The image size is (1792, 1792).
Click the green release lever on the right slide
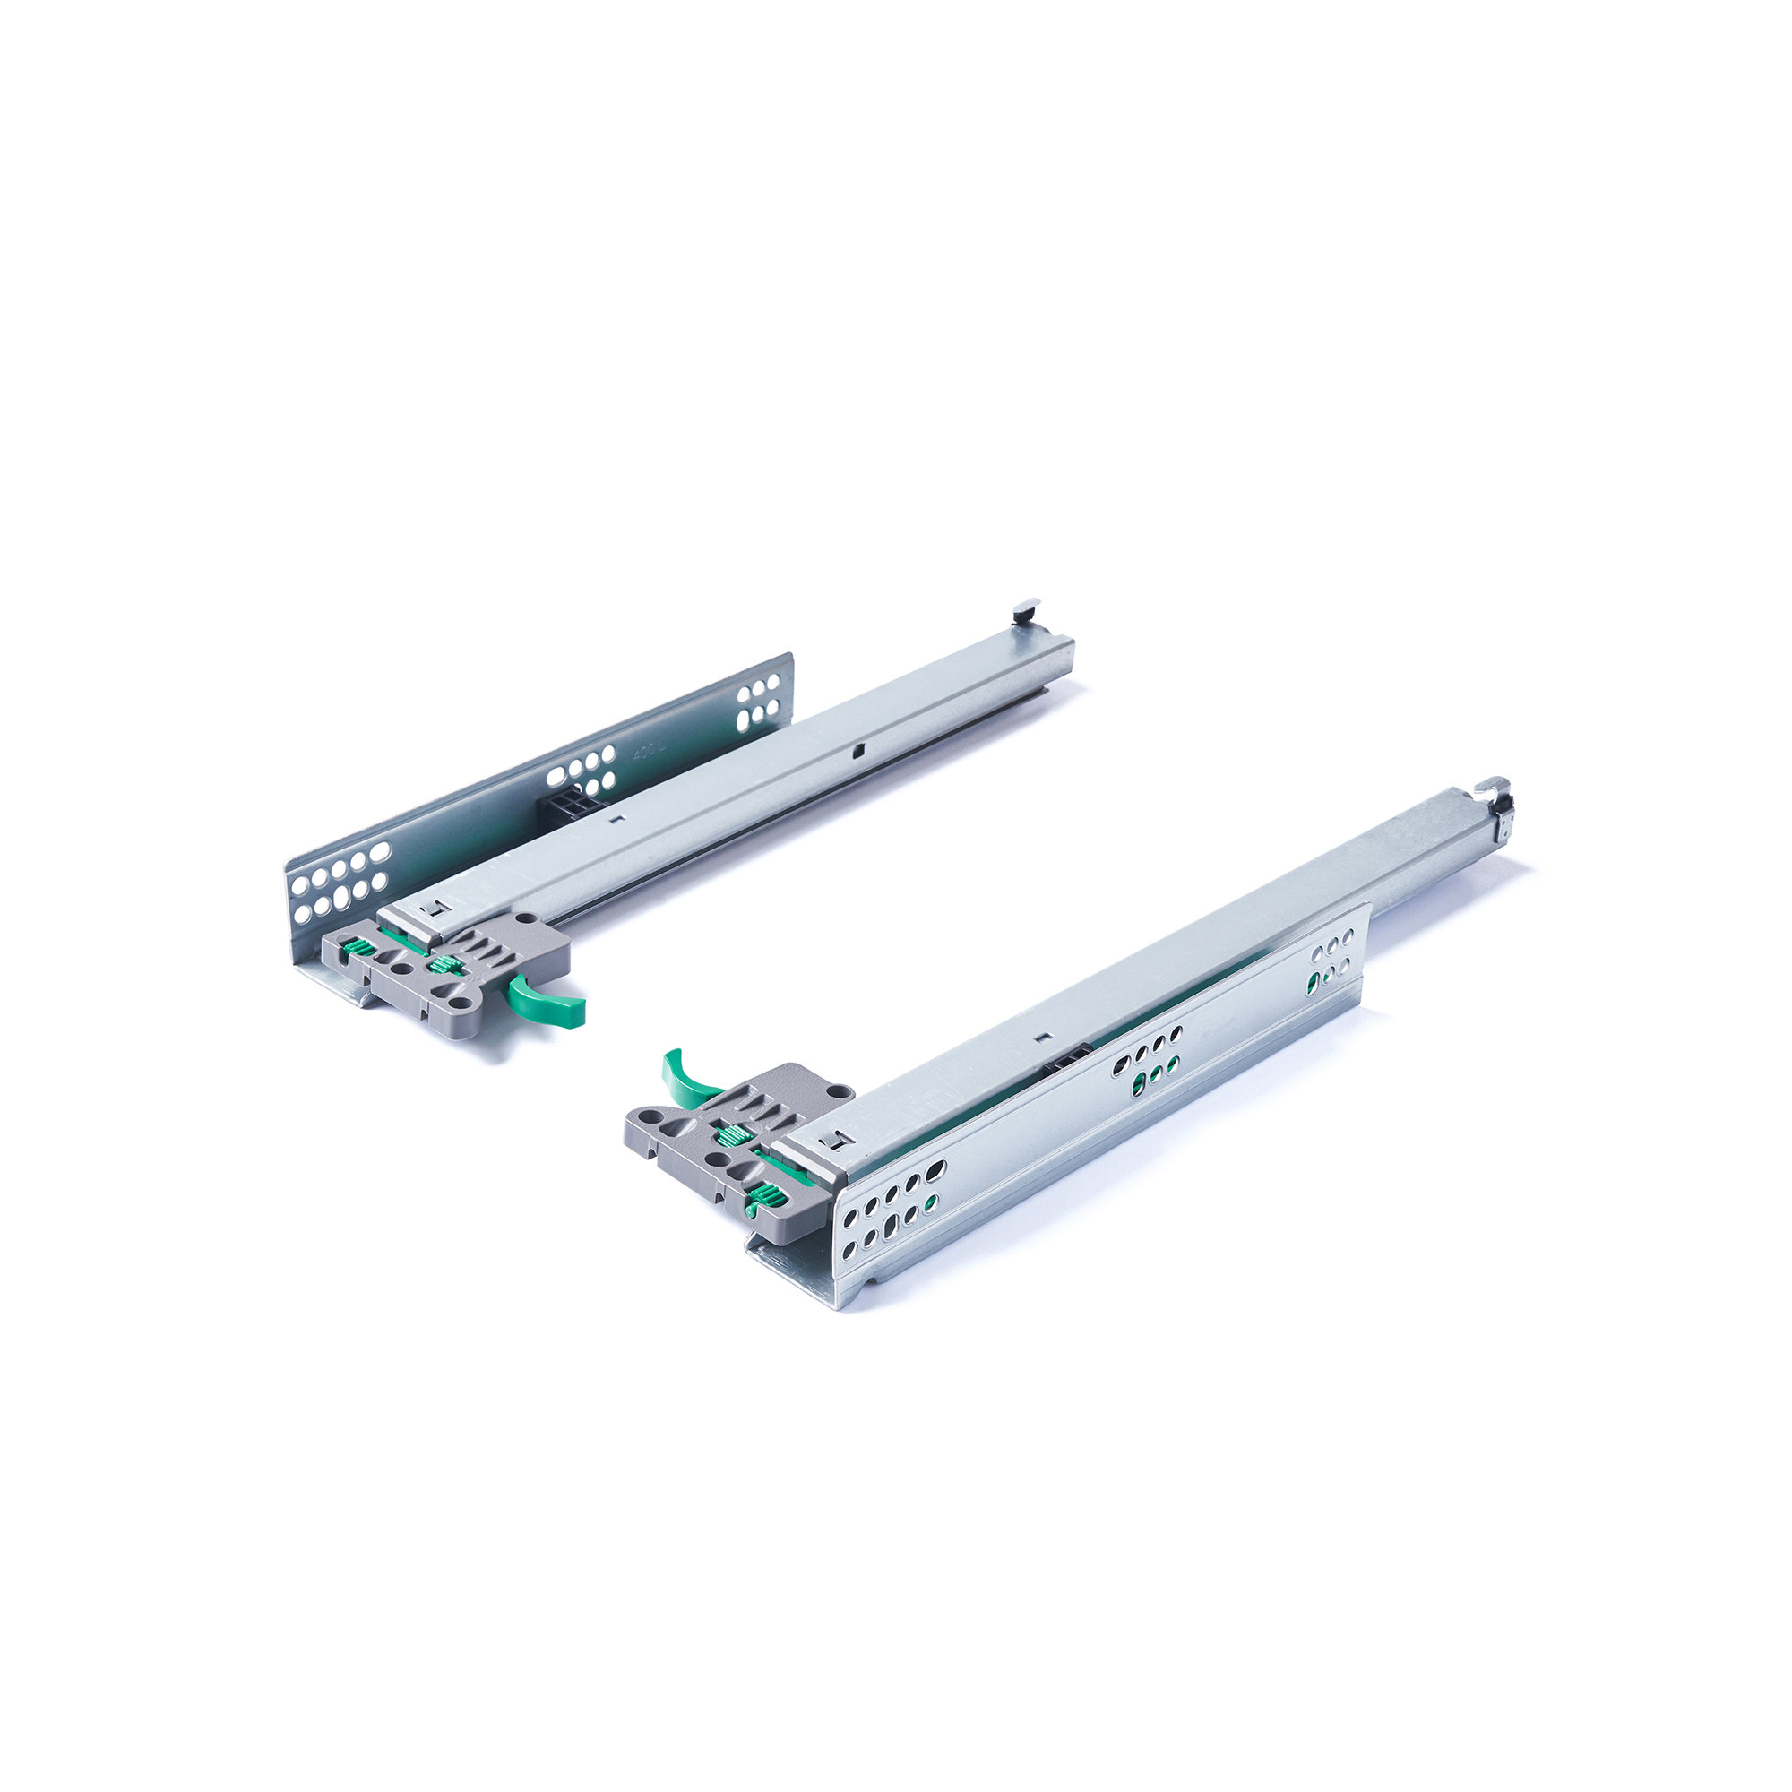coord(686,1077)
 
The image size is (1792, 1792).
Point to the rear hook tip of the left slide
coord(1024,609)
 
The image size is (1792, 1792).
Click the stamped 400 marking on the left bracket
coord(643,752)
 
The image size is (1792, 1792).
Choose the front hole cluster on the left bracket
coord(339,879)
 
